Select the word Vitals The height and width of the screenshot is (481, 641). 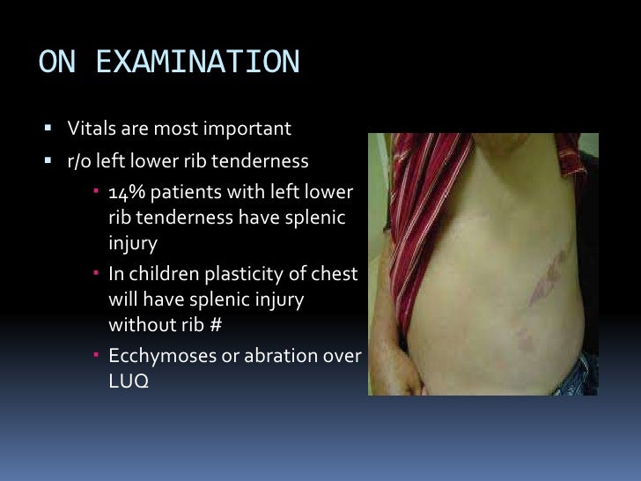click(86, 129)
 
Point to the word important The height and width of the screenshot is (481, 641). click(248, 129)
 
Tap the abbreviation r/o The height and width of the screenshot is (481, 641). click(80, 161)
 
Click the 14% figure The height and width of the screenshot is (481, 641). click(124, 193)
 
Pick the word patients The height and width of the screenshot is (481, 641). click(180, 193)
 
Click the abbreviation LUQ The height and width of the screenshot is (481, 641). click(124, 382)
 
